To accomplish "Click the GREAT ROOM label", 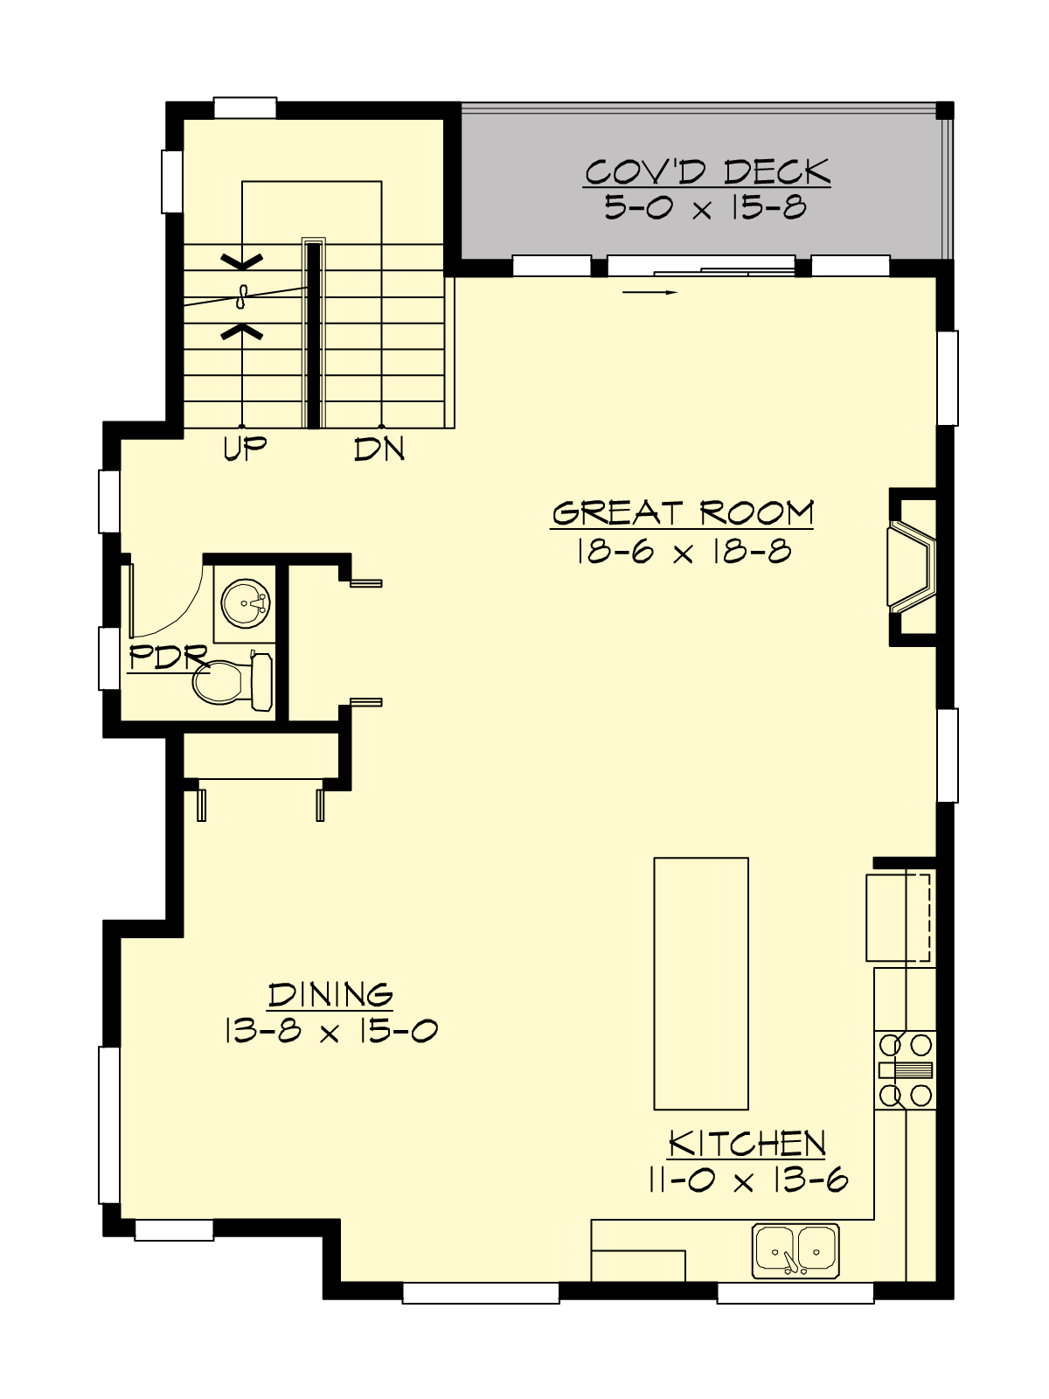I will point(682,512).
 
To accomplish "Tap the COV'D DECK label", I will point(706,172).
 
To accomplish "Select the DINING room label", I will point(330,995).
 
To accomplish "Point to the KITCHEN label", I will point(747,1144).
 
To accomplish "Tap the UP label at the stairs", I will point(245,449).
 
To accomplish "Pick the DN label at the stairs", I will point(379,449).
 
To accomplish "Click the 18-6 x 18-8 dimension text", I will point(684,552).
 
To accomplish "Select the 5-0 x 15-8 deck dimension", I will point(705,208).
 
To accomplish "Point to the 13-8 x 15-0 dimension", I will point(330,1032).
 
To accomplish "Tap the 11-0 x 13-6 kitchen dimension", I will point(747,1181).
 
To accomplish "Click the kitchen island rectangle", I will point(701,983).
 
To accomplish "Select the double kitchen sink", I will point(795,1250).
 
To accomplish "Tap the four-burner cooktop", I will point(906,1069).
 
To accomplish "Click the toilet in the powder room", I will point(229,682).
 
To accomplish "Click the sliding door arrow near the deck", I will point(650,292).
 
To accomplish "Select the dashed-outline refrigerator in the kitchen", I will point(899,916).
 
